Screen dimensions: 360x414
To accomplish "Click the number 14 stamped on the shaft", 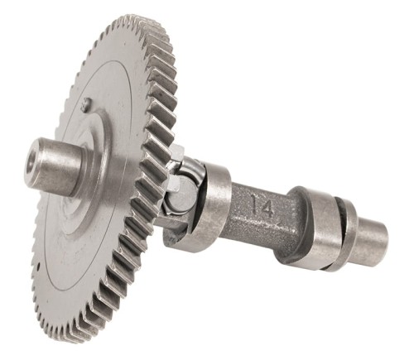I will pos(262,207).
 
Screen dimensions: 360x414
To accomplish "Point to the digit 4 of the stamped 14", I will pos(268,208).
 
